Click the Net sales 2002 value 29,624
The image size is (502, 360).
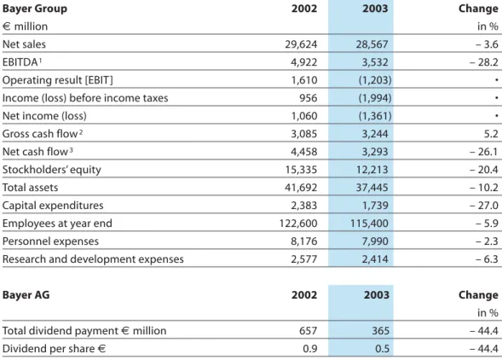pyautogui.click(x=301, y=44)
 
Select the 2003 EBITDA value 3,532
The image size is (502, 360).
pyautogui.click(x=375, y=62)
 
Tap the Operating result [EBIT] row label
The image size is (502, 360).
pyautogui.click(x=58, y=80)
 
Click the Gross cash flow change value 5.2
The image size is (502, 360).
pyautogui.click(x=491, y=134)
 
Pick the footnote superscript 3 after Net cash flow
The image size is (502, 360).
pyautogui.click(x=71, y=149)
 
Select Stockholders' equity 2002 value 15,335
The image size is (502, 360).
pyautogui.click(x=301, y=170)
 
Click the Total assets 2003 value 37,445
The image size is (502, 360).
pyautogui.click(x=372, y=188)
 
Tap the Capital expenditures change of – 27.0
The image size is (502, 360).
pyautogui.click(x=484, y=206)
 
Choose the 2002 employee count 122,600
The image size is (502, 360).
pyautogui.click(x=298, y=224)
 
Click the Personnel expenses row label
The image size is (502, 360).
pyautogui.click(x=50, y=241)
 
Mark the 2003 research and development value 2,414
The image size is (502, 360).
pyautogui.click(x=375, y=259)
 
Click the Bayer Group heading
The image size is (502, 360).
pyautogui.click(x=35, y=9)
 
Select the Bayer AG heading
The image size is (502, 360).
pyautogui.click(x=26, y=295)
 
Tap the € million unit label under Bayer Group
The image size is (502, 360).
pyautogui.click(x=25, y=26)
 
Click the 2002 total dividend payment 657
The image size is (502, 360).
pyautogui.click(x=308, y=331)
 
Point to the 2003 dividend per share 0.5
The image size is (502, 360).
pyautogui.click(x=382, y=349)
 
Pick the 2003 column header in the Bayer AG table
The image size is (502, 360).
pyautogui.click(x=376, y=295)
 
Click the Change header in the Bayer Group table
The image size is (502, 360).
pyautogui.click(x=478, y=9)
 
